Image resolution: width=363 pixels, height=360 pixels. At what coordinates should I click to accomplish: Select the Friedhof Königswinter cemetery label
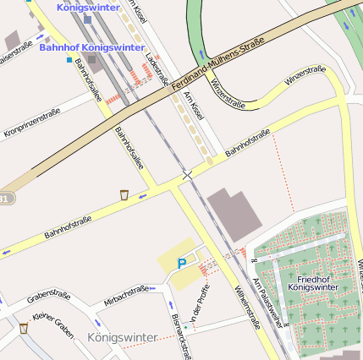click(x=312, y=282)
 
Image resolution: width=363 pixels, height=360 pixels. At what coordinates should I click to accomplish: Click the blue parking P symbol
click(x=181, y=264)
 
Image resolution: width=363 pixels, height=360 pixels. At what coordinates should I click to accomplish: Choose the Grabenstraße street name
click(x=47, y=297)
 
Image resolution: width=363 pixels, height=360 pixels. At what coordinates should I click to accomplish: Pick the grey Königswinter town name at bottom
click(x=122, y=337)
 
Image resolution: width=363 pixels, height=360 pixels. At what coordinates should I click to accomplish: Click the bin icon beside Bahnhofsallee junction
click(x=124, y=195)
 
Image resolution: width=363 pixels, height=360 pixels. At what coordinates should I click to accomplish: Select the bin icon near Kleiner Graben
click(x=23, y=328)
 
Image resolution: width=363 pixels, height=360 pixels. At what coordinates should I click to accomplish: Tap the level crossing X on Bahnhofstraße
click(x=187, y=174)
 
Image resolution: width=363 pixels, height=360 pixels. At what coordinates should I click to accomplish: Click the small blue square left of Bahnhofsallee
click(x=69, y=60)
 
